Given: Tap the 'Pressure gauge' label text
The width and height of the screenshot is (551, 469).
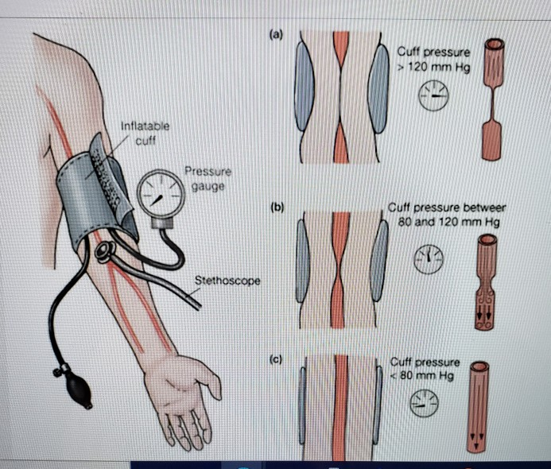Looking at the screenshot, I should tap(206, 177).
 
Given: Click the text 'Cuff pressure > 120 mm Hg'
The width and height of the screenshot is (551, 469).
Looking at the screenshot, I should tap(433, 60).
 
